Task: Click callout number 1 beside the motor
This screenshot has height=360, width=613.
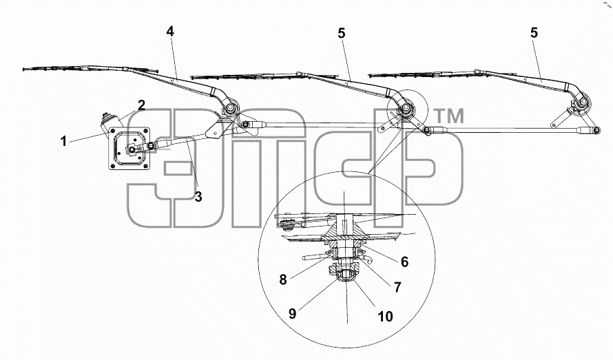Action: [63, 141]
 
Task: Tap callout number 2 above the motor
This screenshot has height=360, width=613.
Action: [141, 105]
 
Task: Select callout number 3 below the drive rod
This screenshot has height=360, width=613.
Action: [198, 197]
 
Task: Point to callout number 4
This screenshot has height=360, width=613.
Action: [170, 31]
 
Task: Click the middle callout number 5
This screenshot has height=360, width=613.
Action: [342, 33]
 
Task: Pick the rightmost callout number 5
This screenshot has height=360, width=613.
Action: [534, 32]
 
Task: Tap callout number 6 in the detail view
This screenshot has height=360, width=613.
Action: [404, 262]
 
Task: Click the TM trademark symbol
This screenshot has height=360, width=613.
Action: [450, 116]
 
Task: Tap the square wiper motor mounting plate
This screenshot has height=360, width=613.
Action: [129, 149]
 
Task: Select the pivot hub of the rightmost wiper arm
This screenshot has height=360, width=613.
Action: [583, 103]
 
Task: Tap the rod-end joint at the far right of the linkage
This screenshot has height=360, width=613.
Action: [595, 131]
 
